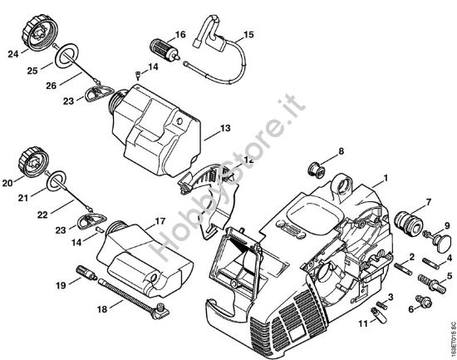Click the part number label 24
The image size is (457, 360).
(x=12, y=56)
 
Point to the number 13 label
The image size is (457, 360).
(x=225, y=129)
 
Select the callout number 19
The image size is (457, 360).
(x=61, y=285)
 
